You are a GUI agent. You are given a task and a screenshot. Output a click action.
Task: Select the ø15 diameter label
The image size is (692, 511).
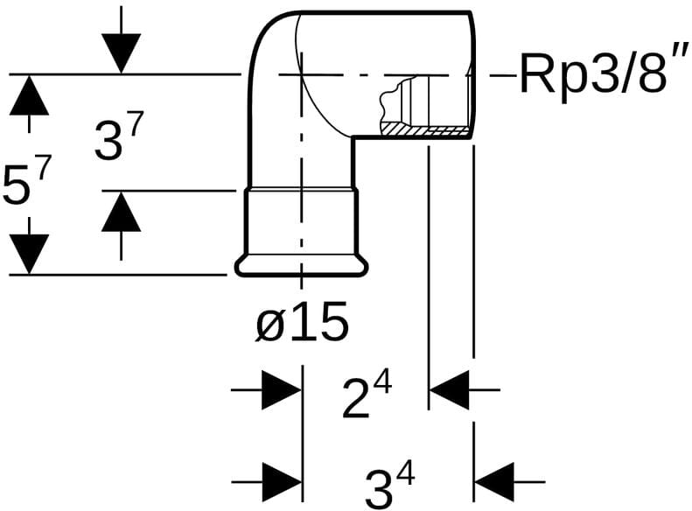coord(302,324)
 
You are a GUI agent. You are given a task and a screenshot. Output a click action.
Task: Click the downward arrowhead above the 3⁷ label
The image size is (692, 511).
coord(121,53)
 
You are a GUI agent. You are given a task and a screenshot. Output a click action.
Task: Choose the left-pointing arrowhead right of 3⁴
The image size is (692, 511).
coord(494,481)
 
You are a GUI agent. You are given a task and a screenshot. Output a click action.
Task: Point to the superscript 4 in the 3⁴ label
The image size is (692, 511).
coord(404,473)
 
